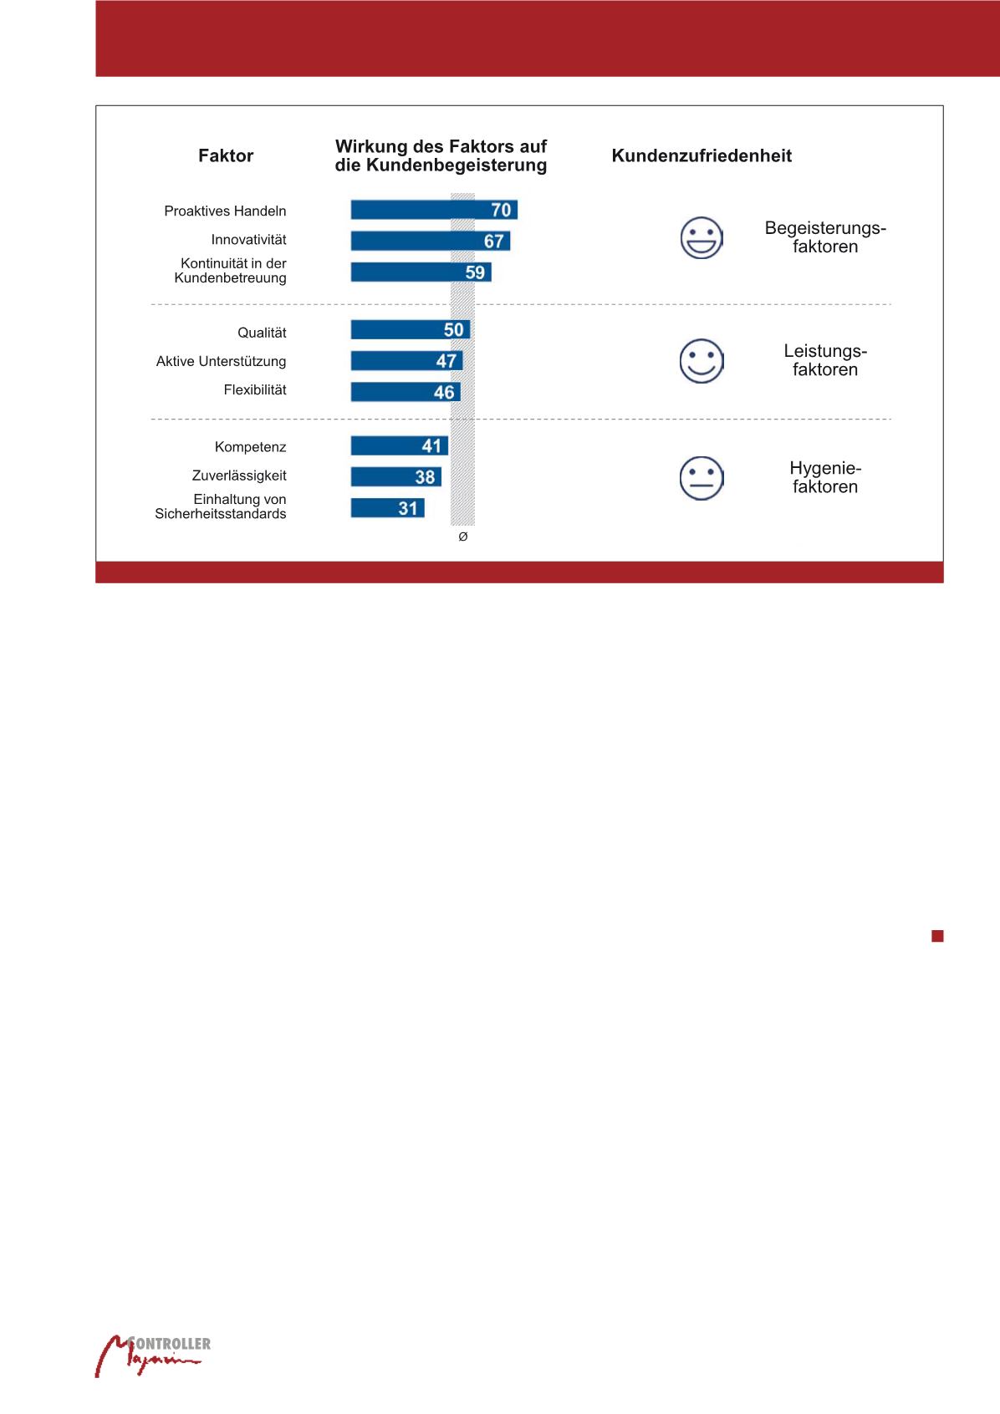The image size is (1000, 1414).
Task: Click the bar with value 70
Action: pos(433,210)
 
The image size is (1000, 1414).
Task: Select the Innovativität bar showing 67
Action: pos(430,241)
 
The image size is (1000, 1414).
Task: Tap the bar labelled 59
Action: pos(421,272)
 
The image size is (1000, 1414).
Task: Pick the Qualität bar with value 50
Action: pos(410,329)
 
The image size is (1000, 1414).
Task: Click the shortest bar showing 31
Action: pos(387,508)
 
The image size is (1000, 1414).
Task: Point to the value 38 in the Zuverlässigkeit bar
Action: pos(425,477)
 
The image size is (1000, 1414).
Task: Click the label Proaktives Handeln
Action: pos(225,211)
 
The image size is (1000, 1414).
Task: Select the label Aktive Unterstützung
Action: pos(221,361)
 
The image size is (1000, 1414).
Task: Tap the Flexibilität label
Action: pos(254,389)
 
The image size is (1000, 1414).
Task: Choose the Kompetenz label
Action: pos(250,447)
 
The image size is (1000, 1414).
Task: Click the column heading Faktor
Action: pos(226,155)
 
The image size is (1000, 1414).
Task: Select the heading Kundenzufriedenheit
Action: pos(702,155)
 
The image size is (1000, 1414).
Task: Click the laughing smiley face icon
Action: pos(702,237)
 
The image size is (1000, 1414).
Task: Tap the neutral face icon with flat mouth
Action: pos(702,478)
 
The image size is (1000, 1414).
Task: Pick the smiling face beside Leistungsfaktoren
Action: pos(702,361)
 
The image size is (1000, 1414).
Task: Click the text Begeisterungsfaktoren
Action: pos(824,237)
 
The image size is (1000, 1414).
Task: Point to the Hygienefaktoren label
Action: pos(824,477)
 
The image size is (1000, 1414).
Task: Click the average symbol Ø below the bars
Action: pos(463,537)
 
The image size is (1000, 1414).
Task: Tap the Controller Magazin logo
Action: pos(151,1355)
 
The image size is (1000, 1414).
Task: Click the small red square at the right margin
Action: pos(937,936)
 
